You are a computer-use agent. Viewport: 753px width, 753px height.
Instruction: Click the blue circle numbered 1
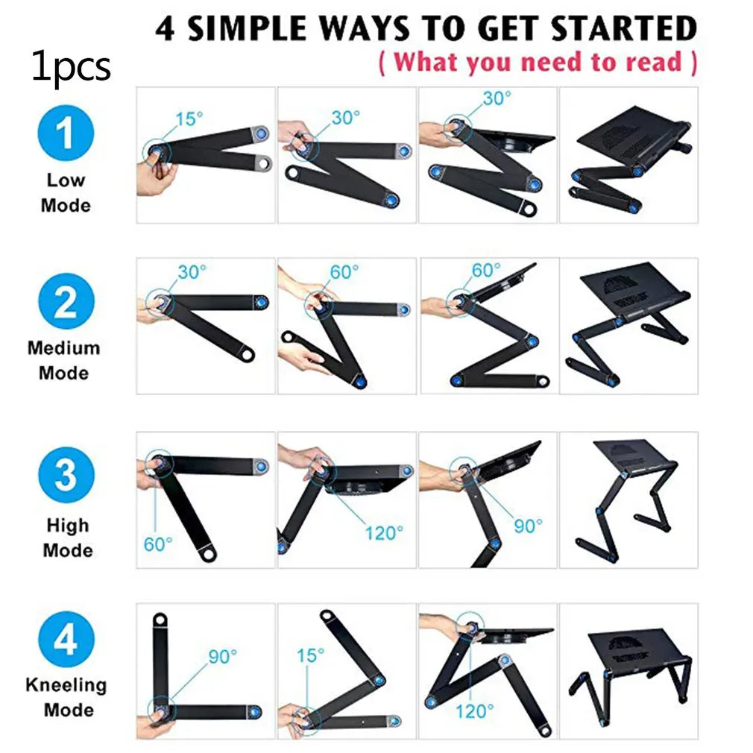[66, 133]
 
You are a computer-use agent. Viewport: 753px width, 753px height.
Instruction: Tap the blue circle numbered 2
[66, 302]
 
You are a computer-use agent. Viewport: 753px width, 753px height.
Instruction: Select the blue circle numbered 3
[66, 475]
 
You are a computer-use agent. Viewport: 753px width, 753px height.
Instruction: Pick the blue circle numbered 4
[66, 639]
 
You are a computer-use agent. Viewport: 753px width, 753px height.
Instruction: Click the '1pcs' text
[71, 67]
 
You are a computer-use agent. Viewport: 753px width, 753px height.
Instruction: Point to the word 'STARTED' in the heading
[624, 28]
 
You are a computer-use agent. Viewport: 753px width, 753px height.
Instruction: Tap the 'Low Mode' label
[66, 192]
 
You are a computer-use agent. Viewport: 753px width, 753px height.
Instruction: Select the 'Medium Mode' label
[64, 360]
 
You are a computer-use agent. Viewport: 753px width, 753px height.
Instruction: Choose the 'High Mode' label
[68, 538]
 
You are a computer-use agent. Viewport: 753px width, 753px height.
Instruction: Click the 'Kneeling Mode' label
[66, 697]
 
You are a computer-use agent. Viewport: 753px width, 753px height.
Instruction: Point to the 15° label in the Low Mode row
[189, 119]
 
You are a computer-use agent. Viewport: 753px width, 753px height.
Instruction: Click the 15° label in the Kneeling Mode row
[310, 655]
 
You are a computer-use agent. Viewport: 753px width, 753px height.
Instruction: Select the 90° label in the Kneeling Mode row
[223, 657]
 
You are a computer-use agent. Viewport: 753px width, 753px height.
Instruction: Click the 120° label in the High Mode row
[384, 533]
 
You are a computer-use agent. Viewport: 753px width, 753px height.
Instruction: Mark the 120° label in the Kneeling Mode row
[474, 711]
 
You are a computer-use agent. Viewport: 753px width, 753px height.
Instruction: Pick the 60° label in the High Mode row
[158, 544]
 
